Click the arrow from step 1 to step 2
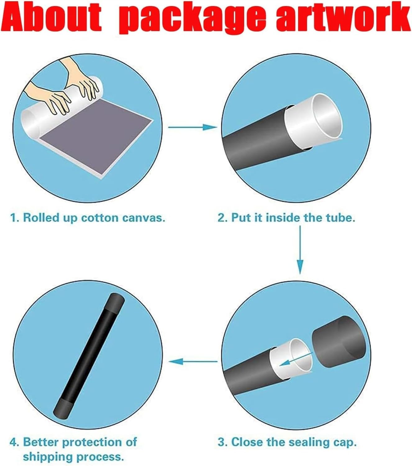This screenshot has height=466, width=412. [193, 127]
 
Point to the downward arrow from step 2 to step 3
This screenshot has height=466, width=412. [300, 249]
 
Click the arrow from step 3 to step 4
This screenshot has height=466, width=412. [193, 361]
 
